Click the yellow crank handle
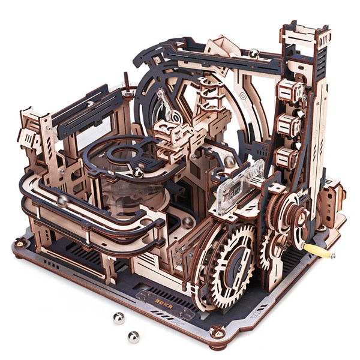[320, 250]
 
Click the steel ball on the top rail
[254, 54]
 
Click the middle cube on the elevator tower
[289, 126]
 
